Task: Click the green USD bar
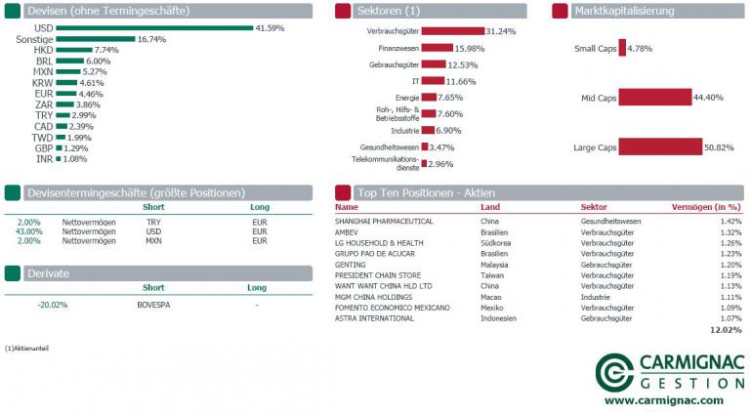tap(153, 28)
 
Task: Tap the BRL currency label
tap(44, 61)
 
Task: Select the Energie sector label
tap(407, 98)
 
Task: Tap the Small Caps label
tap(595, 48)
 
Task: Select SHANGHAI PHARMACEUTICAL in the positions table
tap(384, 222)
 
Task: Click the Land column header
tap(489, 207)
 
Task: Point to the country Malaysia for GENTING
tap(497, 265)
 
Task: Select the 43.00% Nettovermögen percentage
tap(29, 231)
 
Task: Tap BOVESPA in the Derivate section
tap(153, 304)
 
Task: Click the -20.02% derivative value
tap(53, 304)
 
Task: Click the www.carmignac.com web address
tap(664, 400)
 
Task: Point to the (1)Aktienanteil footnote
tap(26, 348)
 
